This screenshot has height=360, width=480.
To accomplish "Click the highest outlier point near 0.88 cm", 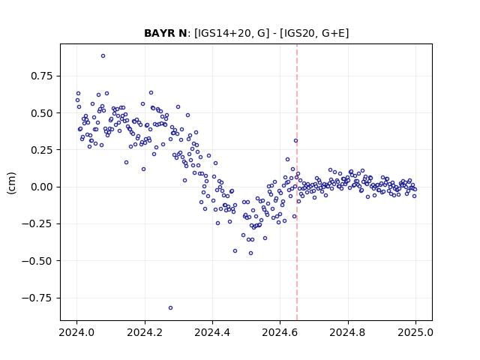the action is pos(103,56).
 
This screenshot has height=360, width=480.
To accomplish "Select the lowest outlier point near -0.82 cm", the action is pos(170,308).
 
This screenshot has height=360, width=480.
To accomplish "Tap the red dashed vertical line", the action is pos(297,182).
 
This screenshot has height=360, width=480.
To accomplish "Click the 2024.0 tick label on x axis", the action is pos(76,332).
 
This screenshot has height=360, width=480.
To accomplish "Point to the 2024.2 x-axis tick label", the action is pos(145,332).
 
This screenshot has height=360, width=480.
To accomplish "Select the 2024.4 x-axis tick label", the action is pos(212,332).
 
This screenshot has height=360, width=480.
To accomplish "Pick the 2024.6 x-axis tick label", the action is pos(280,332).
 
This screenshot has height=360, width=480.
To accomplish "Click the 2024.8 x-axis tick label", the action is pos(348,332).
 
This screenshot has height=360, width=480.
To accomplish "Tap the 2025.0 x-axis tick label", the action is pos(415,332).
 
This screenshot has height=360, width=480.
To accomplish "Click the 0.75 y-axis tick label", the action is pos(42,76).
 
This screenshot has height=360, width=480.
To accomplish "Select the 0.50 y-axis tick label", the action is pos(42,113).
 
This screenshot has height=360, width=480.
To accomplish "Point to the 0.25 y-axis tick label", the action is pos(42,150).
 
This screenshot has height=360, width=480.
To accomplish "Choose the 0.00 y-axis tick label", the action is pos(42,187).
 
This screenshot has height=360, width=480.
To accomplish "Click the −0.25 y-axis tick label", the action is pos(37,224).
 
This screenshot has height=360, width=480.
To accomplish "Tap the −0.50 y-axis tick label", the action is pos(37,261).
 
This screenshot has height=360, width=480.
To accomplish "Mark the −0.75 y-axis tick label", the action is pos(37,298).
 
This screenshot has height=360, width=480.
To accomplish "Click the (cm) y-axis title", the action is pos(11,183).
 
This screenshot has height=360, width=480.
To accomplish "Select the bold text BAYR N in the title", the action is pos(165,33).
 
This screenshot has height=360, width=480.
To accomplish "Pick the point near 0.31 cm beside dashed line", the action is pos(295,141).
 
